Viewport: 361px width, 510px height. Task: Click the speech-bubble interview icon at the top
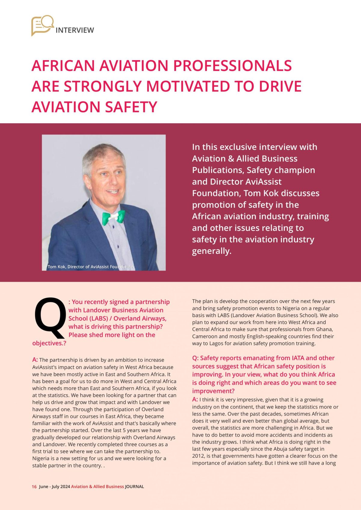42,25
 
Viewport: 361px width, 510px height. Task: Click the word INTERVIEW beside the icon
75,30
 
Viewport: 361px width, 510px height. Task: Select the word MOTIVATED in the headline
188,86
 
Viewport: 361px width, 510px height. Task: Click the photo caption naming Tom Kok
90,267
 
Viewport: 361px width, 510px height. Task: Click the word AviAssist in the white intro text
263,182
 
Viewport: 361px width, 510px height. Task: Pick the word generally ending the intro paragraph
211,251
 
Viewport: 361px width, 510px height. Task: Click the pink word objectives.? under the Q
49,343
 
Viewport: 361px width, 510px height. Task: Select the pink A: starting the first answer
35,360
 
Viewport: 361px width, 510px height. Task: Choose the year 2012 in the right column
198,456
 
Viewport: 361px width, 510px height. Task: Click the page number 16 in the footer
34,487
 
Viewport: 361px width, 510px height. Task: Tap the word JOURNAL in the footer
134,487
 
